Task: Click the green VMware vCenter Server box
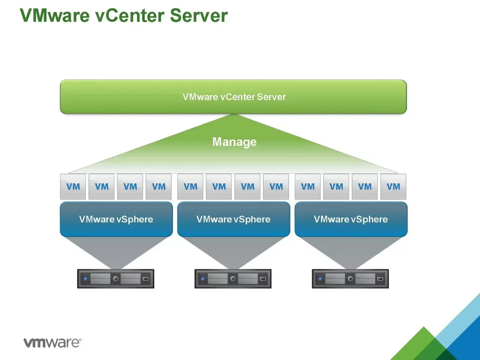click(233, 97)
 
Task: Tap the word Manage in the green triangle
click(234, 142)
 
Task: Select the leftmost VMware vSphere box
click(116, 219)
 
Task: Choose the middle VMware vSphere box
click(233, 219)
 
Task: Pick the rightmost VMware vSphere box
click(351, 219)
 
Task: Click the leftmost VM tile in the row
click(73, 186)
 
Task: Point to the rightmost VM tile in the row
click(393, 186)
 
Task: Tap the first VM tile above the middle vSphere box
click(190, 186)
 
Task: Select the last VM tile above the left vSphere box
click(159, 186)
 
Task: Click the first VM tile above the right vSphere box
click(307, 186)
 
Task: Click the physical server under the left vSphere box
click(115, 279)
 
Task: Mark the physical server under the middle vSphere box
click(233, 279)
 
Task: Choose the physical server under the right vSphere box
click(350, 279)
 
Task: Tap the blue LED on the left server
click(85, 279)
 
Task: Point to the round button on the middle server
click(233, 279)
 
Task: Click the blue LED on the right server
click(320, 279)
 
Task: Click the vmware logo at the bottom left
click(52, 342)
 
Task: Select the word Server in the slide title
click(199, 16)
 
